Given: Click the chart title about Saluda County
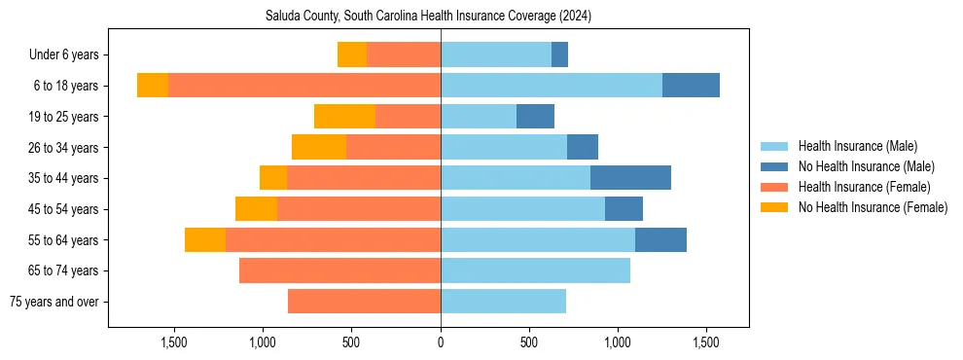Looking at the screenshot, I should (x=428, y=17).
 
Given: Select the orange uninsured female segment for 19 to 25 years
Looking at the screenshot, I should (x=344, y=117).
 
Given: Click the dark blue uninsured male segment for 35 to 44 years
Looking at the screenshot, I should (x=630, y=178).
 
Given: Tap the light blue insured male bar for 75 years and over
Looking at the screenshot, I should (x=503, y=302).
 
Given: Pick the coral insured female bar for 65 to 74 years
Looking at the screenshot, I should (x=339, y=270).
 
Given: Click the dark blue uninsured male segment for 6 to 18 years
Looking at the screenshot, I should (x=691, y=86).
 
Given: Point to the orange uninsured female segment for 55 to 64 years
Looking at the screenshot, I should (x=205, y=240).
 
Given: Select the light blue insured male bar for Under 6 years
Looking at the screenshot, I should (x=496, y=55).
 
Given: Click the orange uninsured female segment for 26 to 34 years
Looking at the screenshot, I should (x=319, y=148).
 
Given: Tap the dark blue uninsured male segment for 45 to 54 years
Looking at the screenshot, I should (x=624, y=209).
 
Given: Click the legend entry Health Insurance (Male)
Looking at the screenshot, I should (x=857, y=146).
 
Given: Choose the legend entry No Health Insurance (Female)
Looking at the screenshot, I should (x=873, y=207).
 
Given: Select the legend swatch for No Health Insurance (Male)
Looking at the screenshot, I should (x=775, y=166).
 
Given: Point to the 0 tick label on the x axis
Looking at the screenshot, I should (x=441, y=342).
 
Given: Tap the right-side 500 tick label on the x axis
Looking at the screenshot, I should (x=529, y=342).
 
